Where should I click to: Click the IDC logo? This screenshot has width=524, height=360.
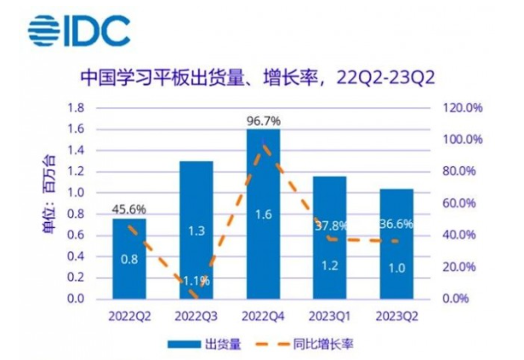[x=78, y=30]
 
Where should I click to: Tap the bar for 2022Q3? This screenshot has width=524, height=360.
[x=196, y=230]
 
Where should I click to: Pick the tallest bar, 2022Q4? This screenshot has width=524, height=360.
[x=263, y=214]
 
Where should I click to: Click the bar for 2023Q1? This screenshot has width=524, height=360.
[x=329, y=237]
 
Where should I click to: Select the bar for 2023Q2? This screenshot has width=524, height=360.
[x=396, y=243]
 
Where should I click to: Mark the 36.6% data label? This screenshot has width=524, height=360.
[x=396, y=226]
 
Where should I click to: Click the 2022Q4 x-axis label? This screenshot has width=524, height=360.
[x=263, y=315]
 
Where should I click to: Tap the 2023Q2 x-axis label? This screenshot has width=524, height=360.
[x=396, y=315]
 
